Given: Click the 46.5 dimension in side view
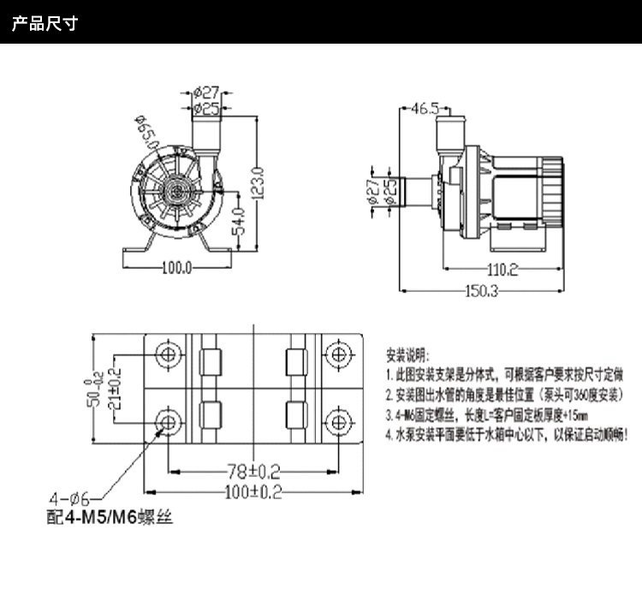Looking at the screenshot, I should click(x=424, y=108).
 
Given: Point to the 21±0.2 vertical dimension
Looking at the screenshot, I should click(x=116, y=387).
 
